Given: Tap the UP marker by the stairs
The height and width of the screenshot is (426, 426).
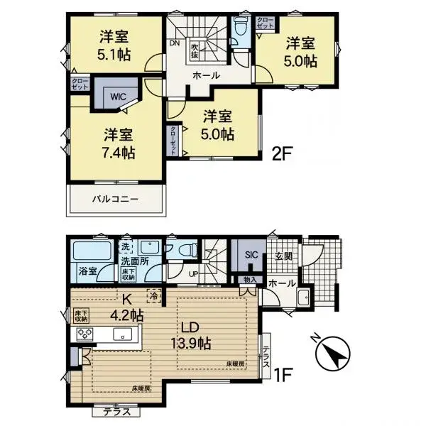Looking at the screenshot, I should tap(193, 273).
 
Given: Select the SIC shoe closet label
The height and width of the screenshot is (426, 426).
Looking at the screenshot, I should tap(250, 254).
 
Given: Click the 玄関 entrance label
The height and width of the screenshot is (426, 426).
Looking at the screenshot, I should tap(284, 256).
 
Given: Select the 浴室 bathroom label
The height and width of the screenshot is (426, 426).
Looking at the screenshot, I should tap(87, 272).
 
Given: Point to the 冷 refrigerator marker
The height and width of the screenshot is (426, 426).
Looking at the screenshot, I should tap(153, 294).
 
